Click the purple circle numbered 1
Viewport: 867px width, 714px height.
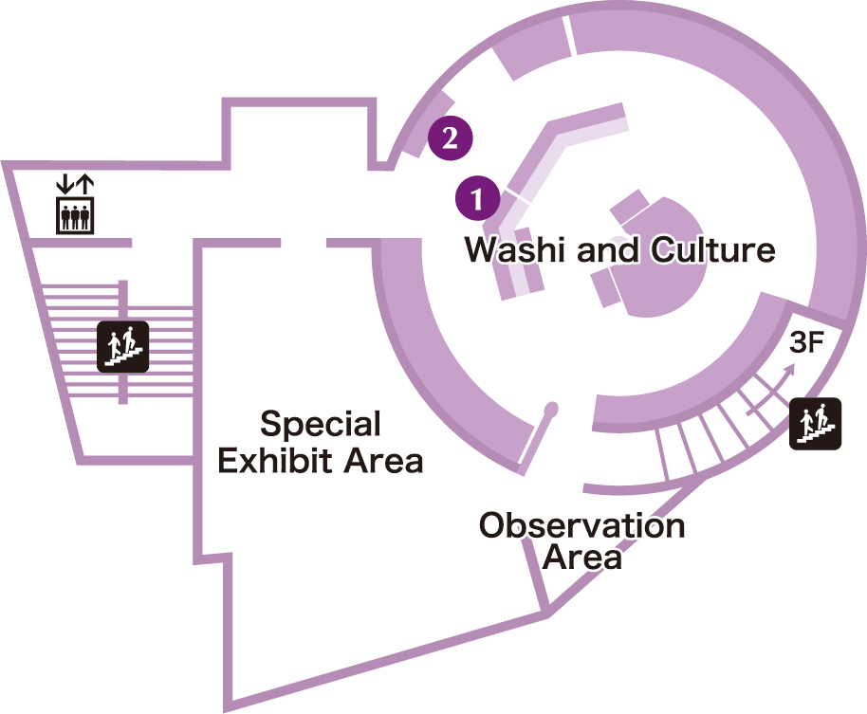(477, 199)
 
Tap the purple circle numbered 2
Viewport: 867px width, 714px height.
(450, 138)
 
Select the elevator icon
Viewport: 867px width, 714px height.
(74, 216)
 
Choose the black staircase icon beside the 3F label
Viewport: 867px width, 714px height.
(815, 423)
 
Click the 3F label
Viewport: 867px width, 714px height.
(805, 344)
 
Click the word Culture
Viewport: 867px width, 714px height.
(712, 250)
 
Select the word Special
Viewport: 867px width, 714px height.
(321, 424)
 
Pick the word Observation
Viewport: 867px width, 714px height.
(581, 524)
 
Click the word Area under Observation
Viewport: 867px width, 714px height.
(582, 558)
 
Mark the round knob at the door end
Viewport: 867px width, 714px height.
(551, 410)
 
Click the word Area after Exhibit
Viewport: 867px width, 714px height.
(382, 462)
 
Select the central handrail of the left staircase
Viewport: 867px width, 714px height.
(122, 342)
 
